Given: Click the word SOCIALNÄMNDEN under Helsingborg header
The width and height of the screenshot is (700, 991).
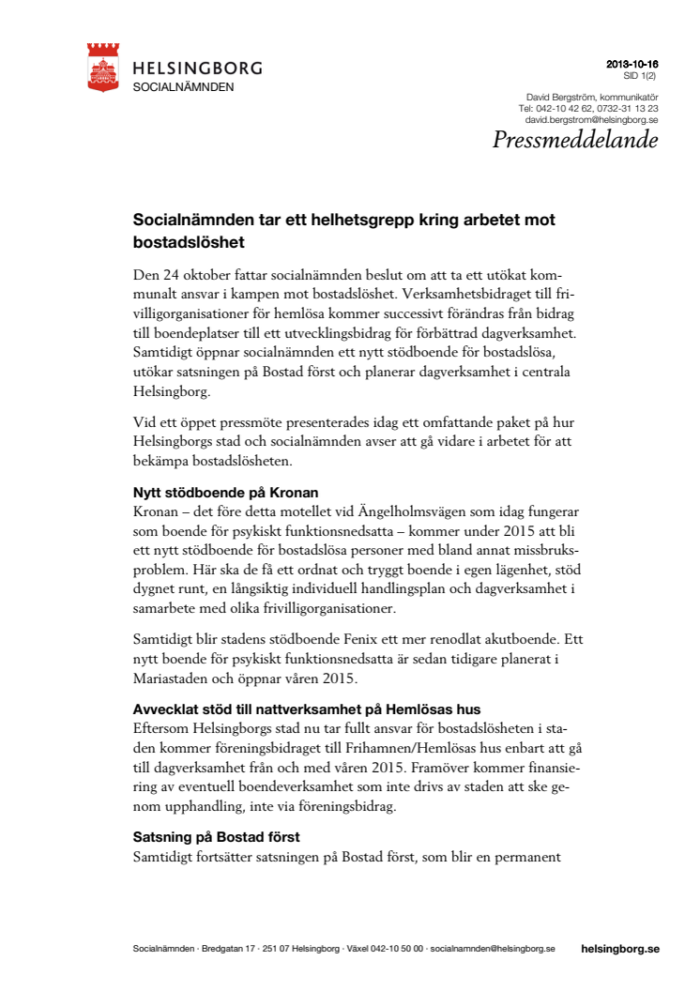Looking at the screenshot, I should (x=183, y=86).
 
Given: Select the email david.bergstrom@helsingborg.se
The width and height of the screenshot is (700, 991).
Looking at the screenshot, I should (x=591, y=120).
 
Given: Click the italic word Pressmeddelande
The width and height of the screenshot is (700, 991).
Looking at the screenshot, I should (x=575, y=141).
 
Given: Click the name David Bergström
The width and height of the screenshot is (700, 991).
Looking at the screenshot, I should (x=559, y=98).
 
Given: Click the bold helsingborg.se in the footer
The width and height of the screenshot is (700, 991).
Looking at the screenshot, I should (x=620, y=949).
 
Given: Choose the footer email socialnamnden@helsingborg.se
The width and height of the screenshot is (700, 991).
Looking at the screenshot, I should (x=493, y=949).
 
